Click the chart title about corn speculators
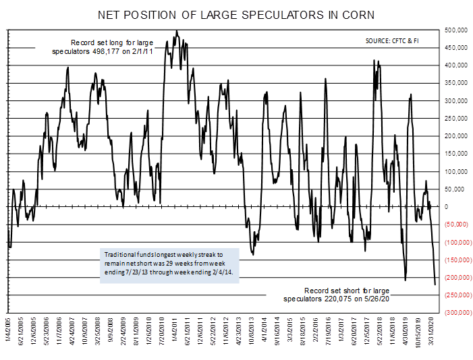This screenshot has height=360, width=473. (x=236, y=14)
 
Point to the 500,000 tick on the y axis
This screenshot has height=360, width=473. (x=456, y=31)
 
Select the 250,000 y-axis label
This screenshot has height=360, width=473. (x=456, y=119)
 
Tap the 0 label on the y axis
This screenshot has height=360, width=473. (x=448, y=207)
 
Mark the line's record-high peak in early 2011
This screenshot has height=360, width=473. (x=176, y=30)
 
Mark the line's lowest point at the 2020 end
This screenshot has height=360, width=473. (x=435, y=284)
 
